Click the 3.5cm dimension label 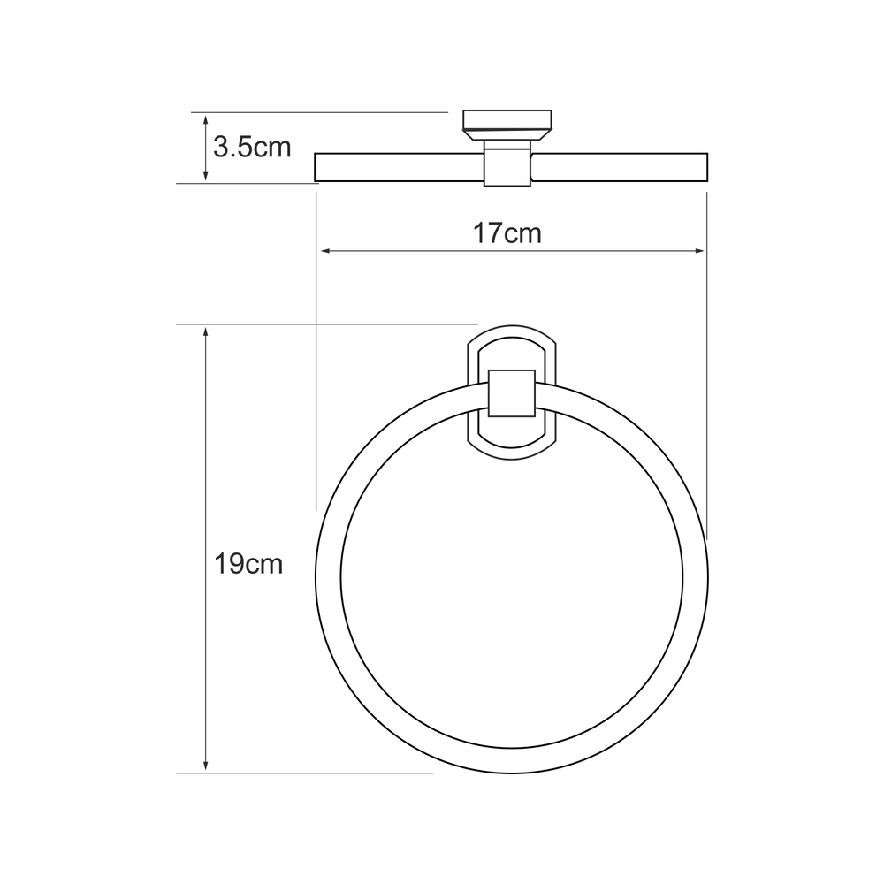(252, 148)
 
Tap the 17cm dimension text (507, 233)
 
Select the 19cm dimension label (248, 564)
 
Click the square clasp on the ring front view (511, 393)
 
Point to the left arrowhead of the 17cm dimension (325, 251)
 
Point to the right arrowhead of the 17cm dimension (699, 251)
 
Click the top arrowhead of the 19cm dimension (206, 331)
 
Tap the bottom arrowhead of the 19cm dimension (206, 765)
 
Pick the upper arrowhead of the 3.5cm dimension (206, 120)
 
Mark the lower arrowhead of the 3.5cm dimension (206, 175)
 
